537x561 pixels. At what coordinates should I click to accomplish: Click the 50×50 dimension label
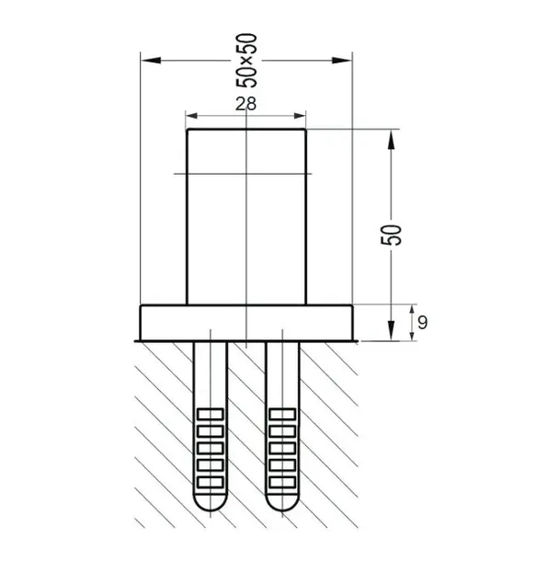coord(246,61)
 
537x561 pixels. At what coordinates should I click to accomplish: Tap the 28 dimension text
coord(246,104)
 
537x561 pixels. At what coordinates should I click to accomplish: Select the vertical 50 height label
coord(391,235)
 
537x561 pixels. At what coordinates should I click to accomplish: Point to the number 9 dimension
coord(422,323)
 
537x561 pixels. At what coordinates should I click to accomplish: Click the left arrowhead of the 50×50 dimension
coord(151,61)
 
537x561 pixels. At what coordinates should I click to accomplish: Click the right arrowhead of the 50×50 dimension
coord(342,61)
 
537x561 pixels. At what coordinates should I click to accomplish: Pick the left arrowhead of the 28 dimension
coord(192,116)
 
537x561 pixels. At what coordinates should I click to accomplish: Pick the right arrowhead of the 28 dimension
coord(300,116)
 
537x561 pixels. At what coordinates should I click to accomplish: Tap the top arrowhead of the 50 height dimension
coord(392,139)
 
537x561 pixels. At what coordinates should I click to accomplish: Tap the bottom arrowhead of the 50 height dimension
coord(392,330)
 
